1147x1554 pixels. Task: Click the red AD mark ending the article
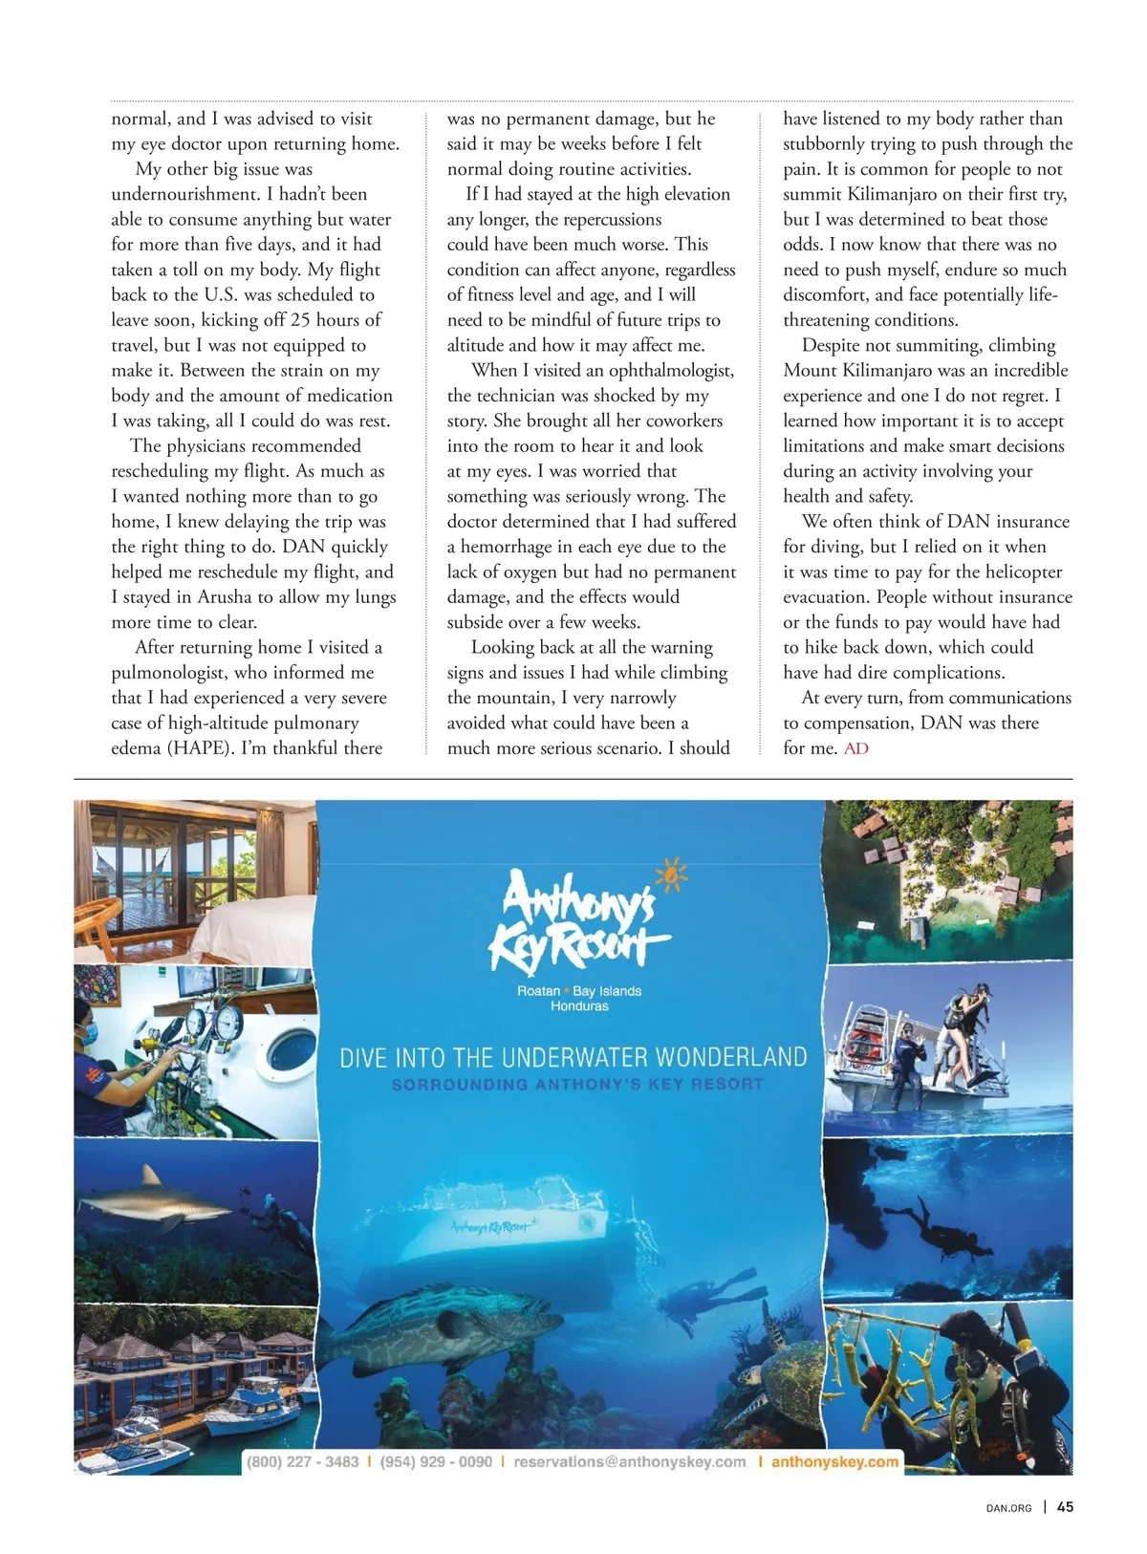pyautogui.click(x=855, y=748)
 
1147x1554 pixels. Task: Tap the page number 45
pyautogui.click(x=1065, y=1507)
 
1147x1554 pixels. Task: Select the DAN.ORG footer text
pyautogui.click(x=1008, y=1508)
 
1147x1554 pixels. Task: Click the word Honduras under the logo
pyautogui.click(x=579, y=1006)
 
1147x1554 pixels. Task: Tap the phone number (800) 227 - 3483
pyautogui.click(x=303, y=1461)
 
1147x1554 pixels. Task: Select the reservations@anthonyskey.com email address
pyautogui.click(x=629, y=1461)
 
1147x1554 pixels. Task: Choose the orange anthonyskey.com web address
pyautogui.click(x=834, y=1461)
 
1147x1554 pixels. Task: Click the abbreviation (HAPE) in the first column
pyautogui.click(x=201, y=748)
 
